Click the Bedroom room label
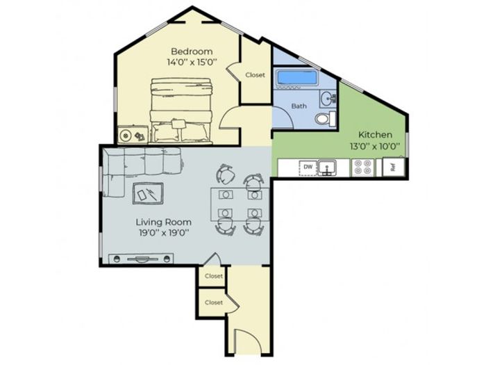[x=192, y=51]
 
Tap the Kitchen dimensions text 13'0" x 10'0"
[x=375, y=146]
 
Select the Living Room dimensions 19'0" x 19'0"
[x=164, y=233]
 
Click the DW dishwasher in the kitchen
[x=308, y=168]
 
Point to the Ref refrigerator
[x=394, y=168]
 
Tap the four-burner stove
[x=362, y=168]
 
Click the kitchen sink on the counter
[x=327, y=168]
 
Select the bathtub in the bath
[x=296, y=77]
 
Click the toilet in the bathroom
[x=325, y=119]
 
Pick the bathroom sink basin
[x=327, y=99]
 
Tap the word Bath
[x=299, y=106]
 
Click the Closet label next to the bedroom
[x=255, y=75]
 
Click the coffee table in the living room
[x=148, y=193]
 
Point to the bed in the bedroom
[x=181, y=111]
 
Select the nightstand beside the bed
[x=133, y=135]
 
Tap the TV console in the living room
[x=141, y=259]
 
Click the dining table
[x=240, y=204]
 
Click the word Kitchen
[x=375, y=135]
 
